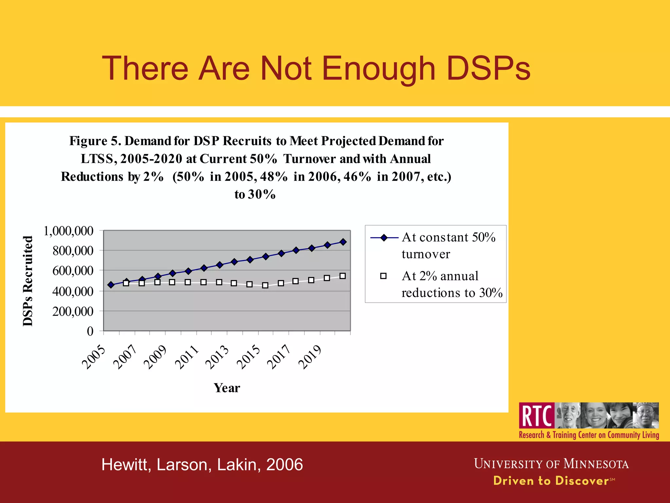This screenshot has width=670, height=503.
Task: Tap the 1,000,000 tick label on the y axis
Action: coord(68,231)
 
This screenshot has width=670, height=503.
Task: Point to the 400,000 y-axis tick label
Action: coord(73,291)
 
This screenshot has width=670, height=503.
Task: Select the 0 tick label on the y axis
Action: coord(90,331)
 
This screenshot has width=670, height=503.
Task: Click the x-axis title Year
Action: coord(227,388)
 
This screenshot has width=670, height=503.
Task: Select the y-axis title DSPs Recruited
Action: coord(28,281)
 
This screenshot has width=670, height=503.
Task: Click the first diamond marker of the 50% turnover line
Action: coord(111,285)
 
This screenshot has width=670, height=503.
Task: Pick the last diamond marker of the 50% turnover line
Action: coord(343,242)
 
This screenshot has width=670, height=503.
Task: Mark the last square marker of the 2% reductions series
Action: coord(343,276)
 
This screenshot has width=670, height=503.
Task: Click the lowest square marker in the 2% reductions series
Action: coord(265,286)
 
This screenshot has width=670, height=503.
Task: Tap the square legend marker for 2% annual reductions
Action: coord(383,276)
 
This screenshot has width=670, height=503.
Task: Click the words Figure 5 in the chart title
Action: coord(95,141)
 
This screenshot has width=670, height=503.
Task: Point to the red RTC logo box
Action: coord(537,416)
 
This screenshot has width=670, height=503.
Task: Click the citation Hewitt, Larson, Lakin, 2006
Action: coord(202,465)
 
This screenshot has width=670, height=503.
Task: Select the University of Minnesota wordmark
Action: coord(551,464)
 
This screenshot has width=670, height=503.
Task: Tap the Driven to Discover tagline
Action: coord(551,481)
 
